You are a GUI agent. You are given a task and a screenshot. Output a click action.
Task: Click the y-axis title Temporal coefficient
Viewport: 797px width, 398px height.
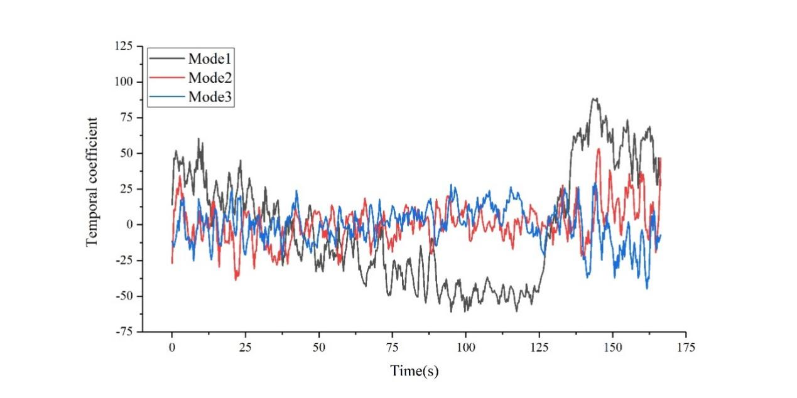pyautogui.click(x=92, y=182)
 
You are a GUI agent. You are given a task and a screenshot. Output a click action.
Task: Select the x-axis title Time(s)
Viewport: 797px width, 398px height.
pyautogui.click(x=415, y=371)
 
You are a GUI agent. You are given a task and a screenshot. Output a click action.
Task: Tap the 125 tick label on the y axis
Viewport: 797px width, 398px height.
pyautogui.click(x=124, y=46)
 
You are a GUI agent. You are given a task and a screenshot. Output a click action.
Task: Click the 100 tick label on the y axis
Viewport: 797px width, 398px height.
pyautogui.click(x=124, y=82)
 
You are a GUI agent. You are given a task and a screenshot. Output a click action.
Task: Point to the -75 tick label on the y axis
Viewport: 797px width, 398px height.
pyautogui.click(x=124, y=332)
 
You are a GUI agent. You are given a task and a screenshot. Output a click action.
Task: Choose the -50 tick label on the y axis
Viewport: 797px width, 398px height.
pyautogui.click(x=124, y=296)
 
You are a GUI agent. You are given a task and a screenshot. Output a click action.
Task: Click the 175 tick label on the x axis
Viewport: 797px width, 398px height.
pyautogui.click(x=686, y=347)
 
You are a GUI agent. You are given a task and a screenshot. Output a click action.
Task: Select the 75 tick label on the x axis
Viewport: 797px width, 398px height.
pyautogui.click(x=392, y=347)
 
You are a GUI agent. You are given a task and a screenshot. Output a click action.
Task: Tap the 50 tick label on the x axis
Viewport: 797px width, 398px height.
pyautogui.click(x=318, y=347)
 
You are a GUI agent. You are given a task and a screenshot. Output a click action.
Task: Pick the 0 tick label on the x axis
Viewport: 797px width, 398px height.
pyautogui.click(x=171, y=347)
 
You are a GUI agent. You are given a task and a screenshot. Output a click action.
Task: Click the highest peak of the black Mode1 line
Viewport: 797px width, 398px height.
pyautogui.click(x=594, y=98)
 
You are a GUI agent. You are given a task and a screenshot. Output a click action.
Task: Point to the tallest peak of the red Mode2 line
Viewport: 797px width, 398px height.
pyautogui.click(x=599, y=149)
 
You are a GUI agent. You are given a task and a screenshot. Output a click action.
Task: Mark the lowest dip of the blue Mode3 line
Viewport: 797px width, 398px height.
pyautogui.click(x=647, y=288)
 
